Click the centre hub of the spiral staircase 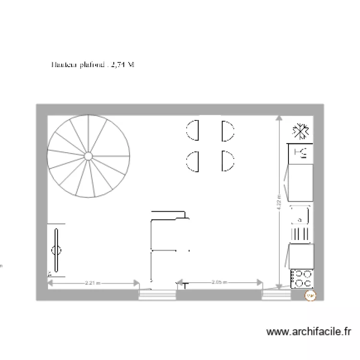coord(88,156)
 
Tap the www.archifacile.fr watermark coord(309,331)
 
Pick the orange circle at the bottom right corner coord(310,296)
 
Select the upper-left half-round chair coord(193,130)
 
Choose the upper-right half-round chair coord(227,131)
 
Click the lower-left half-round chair coord(193,161)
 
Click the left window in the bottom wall coord(151,295)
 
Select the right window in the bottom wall coord(276,295)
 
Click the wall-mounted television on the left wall coord(57,250)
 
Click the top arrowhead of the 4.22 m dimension coord(279,117)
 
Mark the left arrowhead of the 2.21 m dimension coord(49,283)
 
